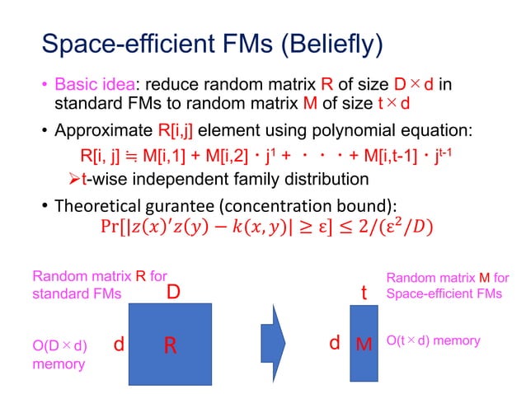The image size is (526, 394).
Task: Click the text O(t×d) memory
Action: [434, 340]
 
